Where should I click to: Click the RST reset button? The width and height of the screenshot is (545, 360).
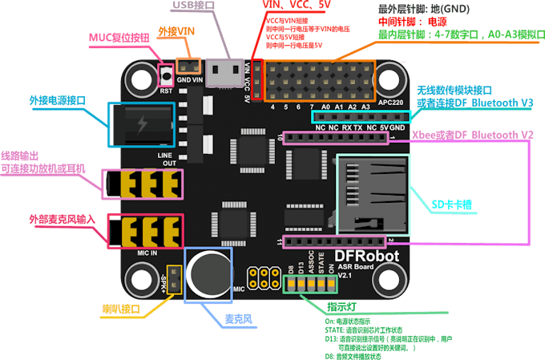click(x=167, y=76)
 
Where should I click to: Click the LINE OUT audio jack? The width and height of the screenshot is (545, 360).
click(x=144, y=184)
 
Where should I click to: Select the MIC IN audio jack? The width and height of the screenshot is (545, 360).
click(x=144, y=233)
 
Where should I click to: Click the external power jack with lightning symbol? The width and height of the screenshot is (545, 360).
click(x=140, y=126)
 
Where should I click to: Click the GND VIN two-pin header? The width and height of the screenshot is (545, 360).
click(x=188, y=68)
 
